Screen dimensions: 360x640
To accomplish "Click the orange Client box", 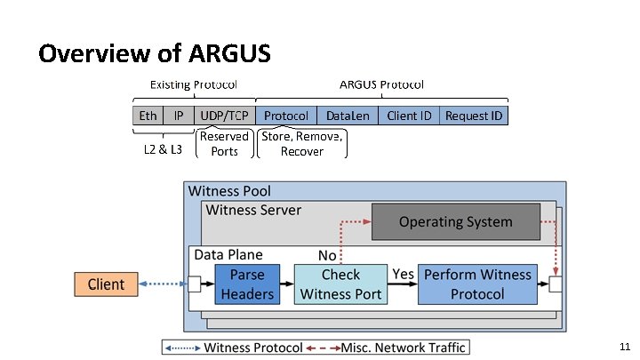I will point(106,284).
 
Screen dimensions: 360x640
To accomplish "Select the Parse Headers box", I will point(247,284).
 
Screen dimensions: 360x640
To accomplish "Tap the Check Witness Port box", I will point(340,284).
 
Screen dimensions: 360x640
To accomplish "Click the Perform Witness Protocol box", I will point(476,284).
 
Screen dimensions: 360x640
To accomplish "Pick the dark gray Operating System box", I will point(455,222).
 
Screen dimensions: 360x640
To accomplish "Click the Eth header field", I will point(148,116).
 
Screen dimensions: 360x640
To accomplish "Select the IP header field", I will point(179,116).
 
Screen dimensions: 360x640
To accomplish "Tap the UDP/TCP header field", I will point(224,116).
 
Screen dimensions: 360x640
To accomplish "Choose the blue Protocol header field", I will point(286,116).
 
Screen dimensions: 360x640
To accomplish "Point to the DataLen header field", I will point(348,116).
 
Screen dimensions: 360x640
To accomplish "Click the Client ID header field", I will point(409,116).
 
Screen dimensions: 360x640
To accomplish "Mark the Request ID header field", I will point(474,116).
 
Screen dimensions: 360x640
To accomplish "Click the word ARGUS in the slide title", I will point(229,53).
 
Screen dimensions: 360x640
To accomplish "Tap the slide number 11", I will point(624,345).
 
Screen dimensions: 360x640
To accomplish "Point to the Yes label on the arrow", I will point(404,274).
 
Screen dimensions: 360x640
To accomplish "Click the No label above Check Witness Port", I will point(327,255).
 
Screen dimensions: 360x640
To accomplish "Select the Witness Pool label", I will point(229,191).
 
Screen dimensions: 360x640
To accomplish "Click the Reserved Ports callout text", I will point(224,144).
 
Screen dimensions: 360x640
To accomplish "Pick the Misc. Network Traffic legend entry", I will point(404,347).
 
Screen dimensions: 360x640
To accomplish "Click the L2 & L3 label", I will point(163,149).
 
